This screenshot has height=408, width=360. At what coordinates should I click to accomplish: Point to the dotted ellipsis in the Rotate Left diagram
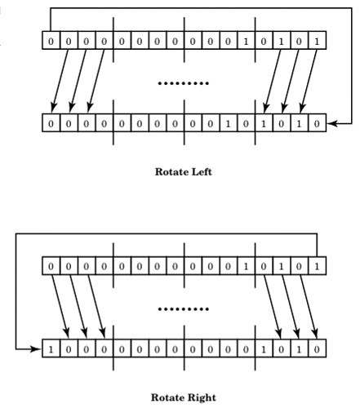point(183,84)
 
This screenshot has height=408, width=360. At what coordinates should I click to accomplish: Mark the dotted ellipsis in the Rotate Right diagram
point(183,310)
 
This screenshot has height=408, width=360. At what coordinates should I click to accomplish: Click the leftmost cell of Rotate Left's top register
point(51,39)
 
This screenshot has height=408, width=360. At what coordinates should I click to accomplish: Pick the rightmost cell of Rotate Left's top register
point(317,39)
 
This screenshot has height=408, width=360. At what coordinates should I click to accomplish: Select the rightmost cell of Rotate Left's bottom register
point(317,123)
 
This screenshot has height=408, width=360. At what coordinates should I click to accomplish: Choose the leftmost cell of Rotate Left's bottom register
point(51,123)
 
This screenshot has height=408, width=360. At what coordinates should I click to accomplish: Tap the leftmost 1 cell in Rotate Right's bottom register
point(51,348)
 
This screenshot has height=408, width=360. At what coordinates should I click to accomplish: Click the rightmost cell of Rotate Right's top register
point(317,265)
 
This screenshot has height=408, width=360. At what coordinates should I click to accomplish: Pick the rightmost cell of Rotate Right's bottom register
point(317,348)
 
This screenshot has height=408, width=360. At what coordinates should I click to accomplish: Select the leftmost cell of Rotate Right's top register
point(51,265)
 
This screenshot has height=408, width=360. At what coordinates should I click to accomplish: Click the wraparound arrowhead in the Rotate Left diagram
point(331,123)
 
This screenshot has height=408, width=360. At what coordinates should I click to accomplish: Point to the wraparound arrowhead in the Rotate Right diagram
point(38,348)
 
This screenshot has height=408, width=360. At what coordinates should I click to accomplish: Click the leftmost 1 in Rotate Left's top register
point(246,39)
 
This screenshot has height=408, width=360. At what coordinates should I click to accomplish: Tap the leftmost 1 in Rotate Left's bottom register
point(228,123)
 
